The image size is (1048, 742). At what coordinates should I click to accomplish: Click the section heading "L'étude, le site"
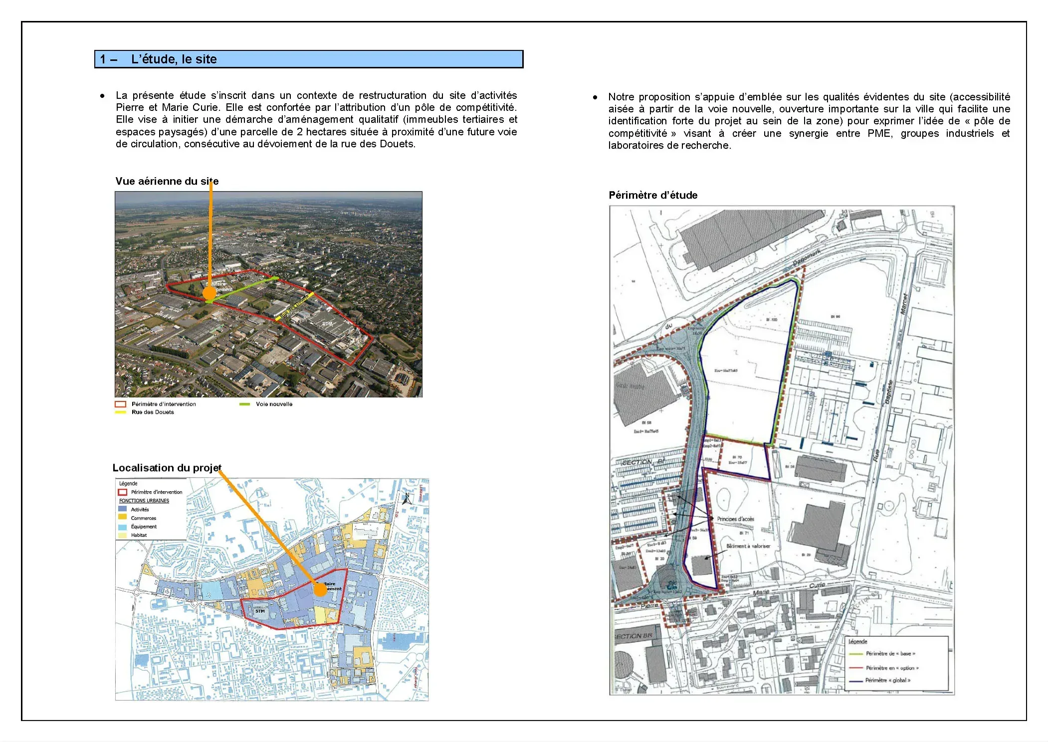(174, 59)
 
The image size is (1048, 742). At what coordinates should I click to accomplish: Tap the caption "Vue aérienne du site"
(167, 181)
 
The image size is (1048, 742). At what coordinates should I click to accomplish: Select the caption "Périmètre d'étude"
(653, 195)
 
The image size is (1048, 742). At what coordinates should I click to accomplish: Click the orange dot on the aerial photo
(210, 293)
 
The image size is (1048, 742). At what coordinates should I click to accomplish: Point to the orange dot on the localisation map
(320, 590)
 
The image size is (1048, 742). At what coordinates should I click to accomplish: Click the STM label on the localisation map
(260, 611)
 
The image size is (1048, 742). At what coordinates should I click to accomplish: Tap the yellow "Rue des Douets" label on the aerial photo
(295, 306)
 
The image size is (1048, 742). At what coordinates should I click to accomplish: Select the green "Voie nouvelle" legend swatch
(244, 404)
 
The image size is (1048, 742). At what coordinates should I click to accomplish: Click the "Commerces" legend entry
(143, 518)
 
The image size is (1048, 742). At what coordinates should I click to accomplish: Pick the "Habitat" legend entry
(139, 535)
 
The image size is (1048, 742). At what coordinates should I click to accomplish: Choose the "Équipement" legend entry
(144, 526)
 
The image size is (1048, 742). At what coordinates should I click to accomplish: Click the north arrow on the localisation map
(407, 498)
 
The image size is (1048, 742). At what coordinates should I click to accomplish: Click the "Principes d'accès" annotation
(735, 519)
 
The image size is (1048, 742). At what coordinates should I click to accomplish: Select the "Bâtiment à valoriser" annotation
(748, 546)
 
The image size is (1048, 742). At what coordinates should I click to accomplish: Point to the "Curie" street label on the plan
(817, 585)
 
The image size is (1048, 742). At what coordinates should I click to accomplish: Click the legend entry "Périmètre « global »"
(887, 680)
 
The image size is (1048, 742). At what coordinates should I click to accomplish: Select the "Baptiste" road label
(888, 392)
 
